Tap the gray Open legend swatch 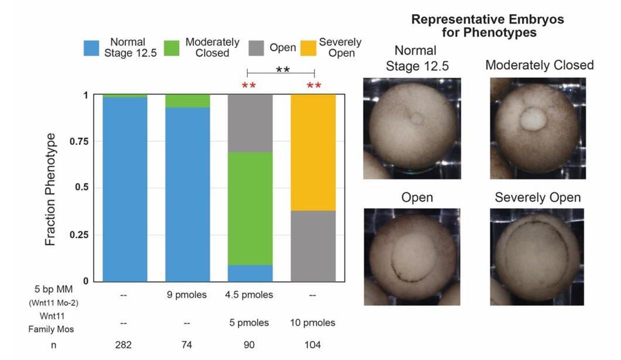[x=256, y=49]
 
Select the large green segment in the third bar [x=250, y=208]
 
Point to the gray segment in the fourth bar [x=313, y=246]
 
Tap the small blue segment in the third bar [x=250, y=273]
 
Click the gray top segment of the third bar [x=250, y=123]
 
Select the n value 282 [x=123, y=345]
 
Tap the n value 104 [x=313, y=345]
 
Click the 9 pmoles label [x=186, y=295]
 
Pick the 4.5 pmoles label [x=250, y=295]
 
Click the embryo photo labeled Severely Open [x=538, y=256]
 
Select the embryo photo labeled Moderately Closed [x=538, y=129]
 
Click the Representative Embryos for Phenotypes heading [x=487, y=26]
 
